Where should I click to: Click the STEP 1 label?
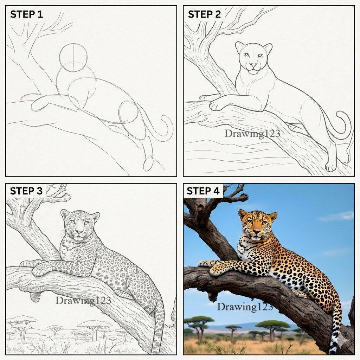tap(26, 14)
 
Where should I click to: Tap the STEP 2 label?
tap(204, 14)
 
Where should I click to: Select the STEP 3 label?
tap(26, 191)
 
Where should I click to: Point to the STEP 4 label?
tap(203, 191)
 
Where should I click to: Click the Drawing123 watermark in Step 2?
tap(252, 134)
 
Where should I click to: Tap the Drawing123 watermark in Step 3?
tap(83, 301)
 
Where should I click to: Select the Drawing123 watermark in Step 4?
tap(245, 307)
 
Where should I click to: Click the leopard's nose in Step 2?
tap(253, 65)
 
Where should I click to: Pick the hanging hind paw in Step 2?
tap(331, 165)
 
